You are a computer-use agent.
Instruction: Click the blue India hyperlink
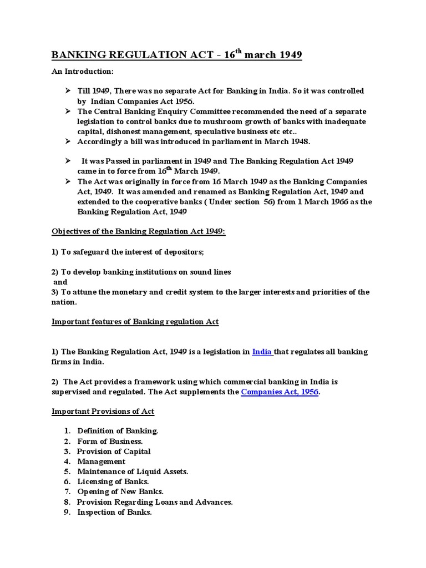262,352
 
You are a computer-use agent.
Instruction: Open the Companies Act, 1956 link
280,392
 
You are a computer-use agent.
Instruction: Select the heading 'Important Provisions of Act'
103,412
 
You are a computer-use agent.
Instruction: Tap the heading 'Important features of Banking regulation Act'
135,322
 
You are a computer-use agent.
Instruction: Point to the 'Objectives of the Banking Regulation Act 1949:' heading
138,232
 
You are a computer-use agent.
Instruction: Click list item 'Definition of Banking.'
118,431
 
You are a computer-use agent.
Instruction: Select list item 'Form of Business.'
110,441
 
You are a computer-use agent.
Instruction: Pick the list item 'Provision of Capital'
114,452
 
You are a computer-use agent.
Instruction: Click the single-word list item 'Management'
101,461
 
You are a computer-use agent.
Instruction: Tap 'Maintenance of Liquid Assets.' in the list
133,471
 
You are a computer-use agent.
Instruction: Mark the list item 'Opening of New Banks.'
120,492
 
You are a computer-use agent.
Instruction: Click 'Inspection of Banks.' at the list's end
114,513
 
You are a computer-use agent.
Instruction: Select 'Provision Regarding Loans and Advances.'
155,502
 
